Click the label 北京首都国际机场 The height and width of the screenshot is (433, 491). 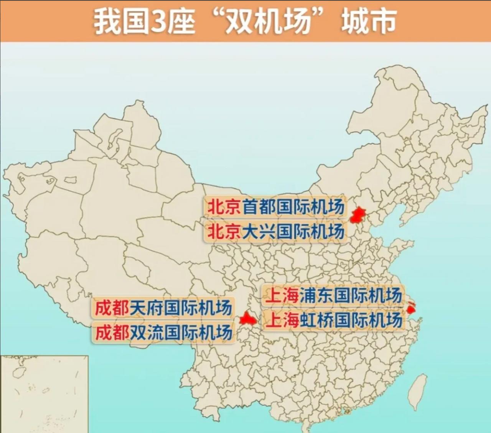[275, 207]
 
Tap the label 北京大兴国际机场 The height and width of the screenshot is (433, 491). [275, 231]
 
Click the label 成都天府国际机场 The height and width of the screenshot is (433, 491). [163, 308]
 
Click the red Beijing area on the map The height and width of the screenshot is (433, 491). [358, 215]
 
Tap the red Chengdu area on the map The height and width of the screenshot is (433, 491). [247, 319]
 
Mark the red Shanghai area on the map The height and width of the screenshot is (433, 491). [411, 308]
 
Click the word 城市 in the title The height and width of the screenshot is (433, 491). [369, 22]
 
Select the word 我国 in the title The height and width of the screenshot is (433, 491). [121, 22]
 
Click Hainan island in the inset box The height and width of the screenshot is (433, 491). [18, 372]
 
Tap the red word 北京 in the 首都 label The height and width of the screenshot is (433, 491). [224, 207]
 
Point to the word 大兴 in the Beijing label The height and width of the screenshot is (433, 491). [259, 231]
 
